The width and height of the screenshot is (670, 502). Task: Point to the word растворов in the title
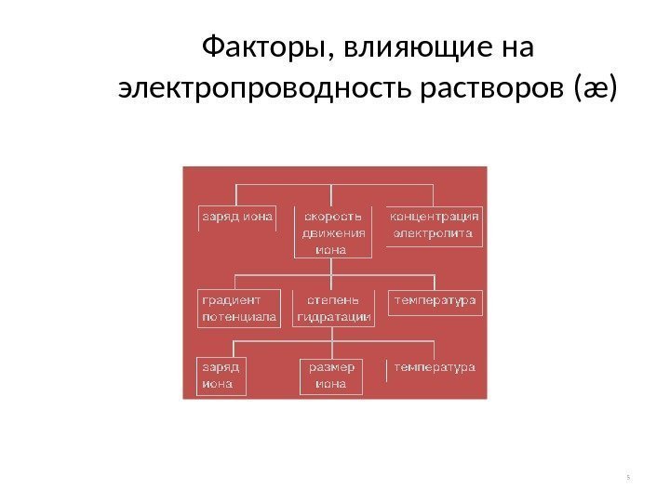[x=508, y=90]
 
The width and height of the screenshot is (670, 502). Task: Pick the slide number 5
[x=629, y=478]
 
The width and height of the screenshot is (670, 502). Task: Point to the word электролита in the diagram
[x=433, y=232]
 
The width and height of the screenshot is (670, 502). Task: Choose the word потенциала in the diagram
[x=238, y=317]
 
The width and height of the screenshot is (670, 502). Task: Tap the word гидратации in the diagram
[x=333, y=317]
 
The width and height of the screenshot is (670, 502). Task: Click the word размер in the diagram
[x=331, y=367]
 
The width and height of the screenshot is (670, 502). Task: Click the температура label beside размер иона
[x=435, y=367]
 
